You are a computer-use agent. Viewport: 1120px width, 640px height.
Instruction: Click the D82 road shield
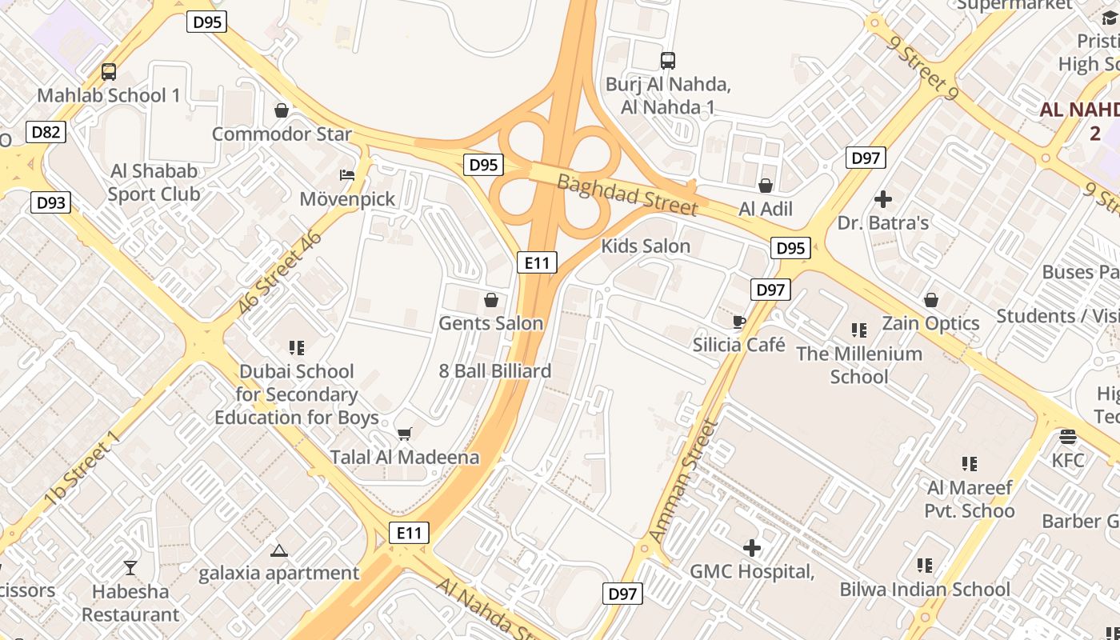click(45, 132)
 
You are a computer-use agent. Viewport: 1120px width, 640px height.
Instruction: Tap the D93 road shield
click(50, 202)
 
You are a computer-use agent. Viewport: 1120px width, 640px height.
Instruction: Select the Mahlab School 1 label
click(109, 95)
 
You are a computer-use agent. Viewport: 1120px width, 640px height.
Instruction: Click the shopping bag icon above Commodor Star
click(281, 110)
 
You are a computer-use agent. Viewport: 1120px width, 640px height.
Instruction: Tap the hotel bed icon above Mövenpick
click(347, 174)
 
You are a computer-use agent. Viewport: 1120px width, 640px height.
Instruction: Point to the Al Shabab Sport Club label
click(154, 182)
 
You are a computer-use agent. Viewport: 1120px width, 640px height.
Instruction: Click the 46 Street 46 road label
click(279, 272)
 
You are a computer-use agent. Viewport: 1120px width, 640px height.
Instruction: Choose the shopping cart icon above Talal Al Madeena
click(405, 434)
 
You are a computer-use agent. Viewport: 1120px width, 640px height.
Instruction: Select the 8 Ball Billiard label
click(495, 371)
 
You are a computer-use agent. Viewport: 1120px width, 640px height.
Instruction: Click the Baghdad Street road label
click(627, 194)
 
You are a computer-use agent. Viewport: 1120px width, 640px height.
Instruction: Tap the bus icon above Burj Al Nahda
click(667, 60)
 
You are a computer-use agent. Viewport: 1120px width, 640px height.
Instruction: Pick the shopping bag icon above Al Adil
click(766, 186)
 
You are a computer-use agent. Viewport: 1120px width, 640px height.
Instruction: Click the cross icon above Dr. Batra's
click(883, 198)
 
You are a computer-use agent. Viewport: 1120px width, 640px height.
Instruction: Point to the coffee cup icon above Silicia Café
click(739, 322)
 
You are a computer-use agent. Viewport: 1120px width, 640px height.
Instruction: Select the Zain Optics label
click(930, 323)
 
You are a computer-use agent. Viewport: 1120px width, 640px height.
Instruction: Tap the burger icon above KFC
click(1067, 437)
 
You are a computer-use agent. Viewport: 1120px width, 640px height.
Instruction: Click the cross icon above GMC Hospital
click(751, 548)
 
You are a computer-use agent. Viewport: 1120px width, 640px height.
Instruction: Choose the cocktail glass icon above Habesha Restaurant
click(130, 568)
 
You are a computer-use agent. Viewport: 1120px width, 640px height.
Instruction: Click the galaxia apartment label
click(279, 573)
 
